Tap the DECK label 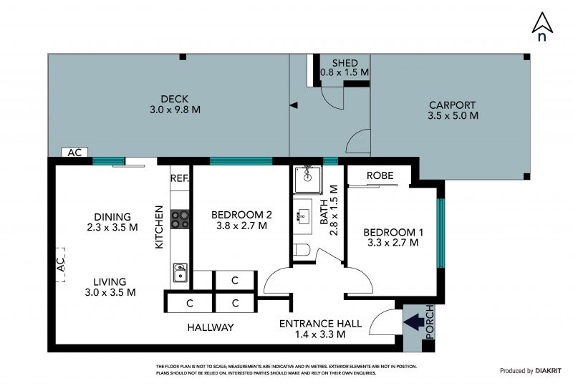click(175, 99)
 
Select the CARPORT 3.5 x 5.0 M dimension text click(453, 115)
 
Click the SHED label click(345, 63)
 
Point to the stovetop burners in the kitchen click(180, 219)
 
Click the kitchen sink click(180, 273)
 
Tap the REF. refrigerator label click(180, 178)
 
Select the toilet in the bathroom click(302, 250)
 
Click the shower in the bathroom click(308, 180)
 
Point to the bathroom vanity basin click(303, 216)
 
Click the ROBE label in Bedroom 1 click(380, 175)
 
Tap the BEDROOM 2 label click(241, 215)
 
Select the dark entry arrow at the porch click(414, 322)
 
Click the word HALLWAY click(211, 327)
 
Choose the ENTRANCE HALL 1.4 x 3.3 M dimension click(320, 334)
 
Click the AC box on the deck click(74, 152)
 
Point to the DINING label click(112, 217)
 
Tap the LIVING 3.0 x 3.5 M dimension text click(110, 292)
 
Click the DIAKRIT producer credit click(548, 371)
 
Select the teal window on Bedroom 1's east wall click(440, 233)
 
